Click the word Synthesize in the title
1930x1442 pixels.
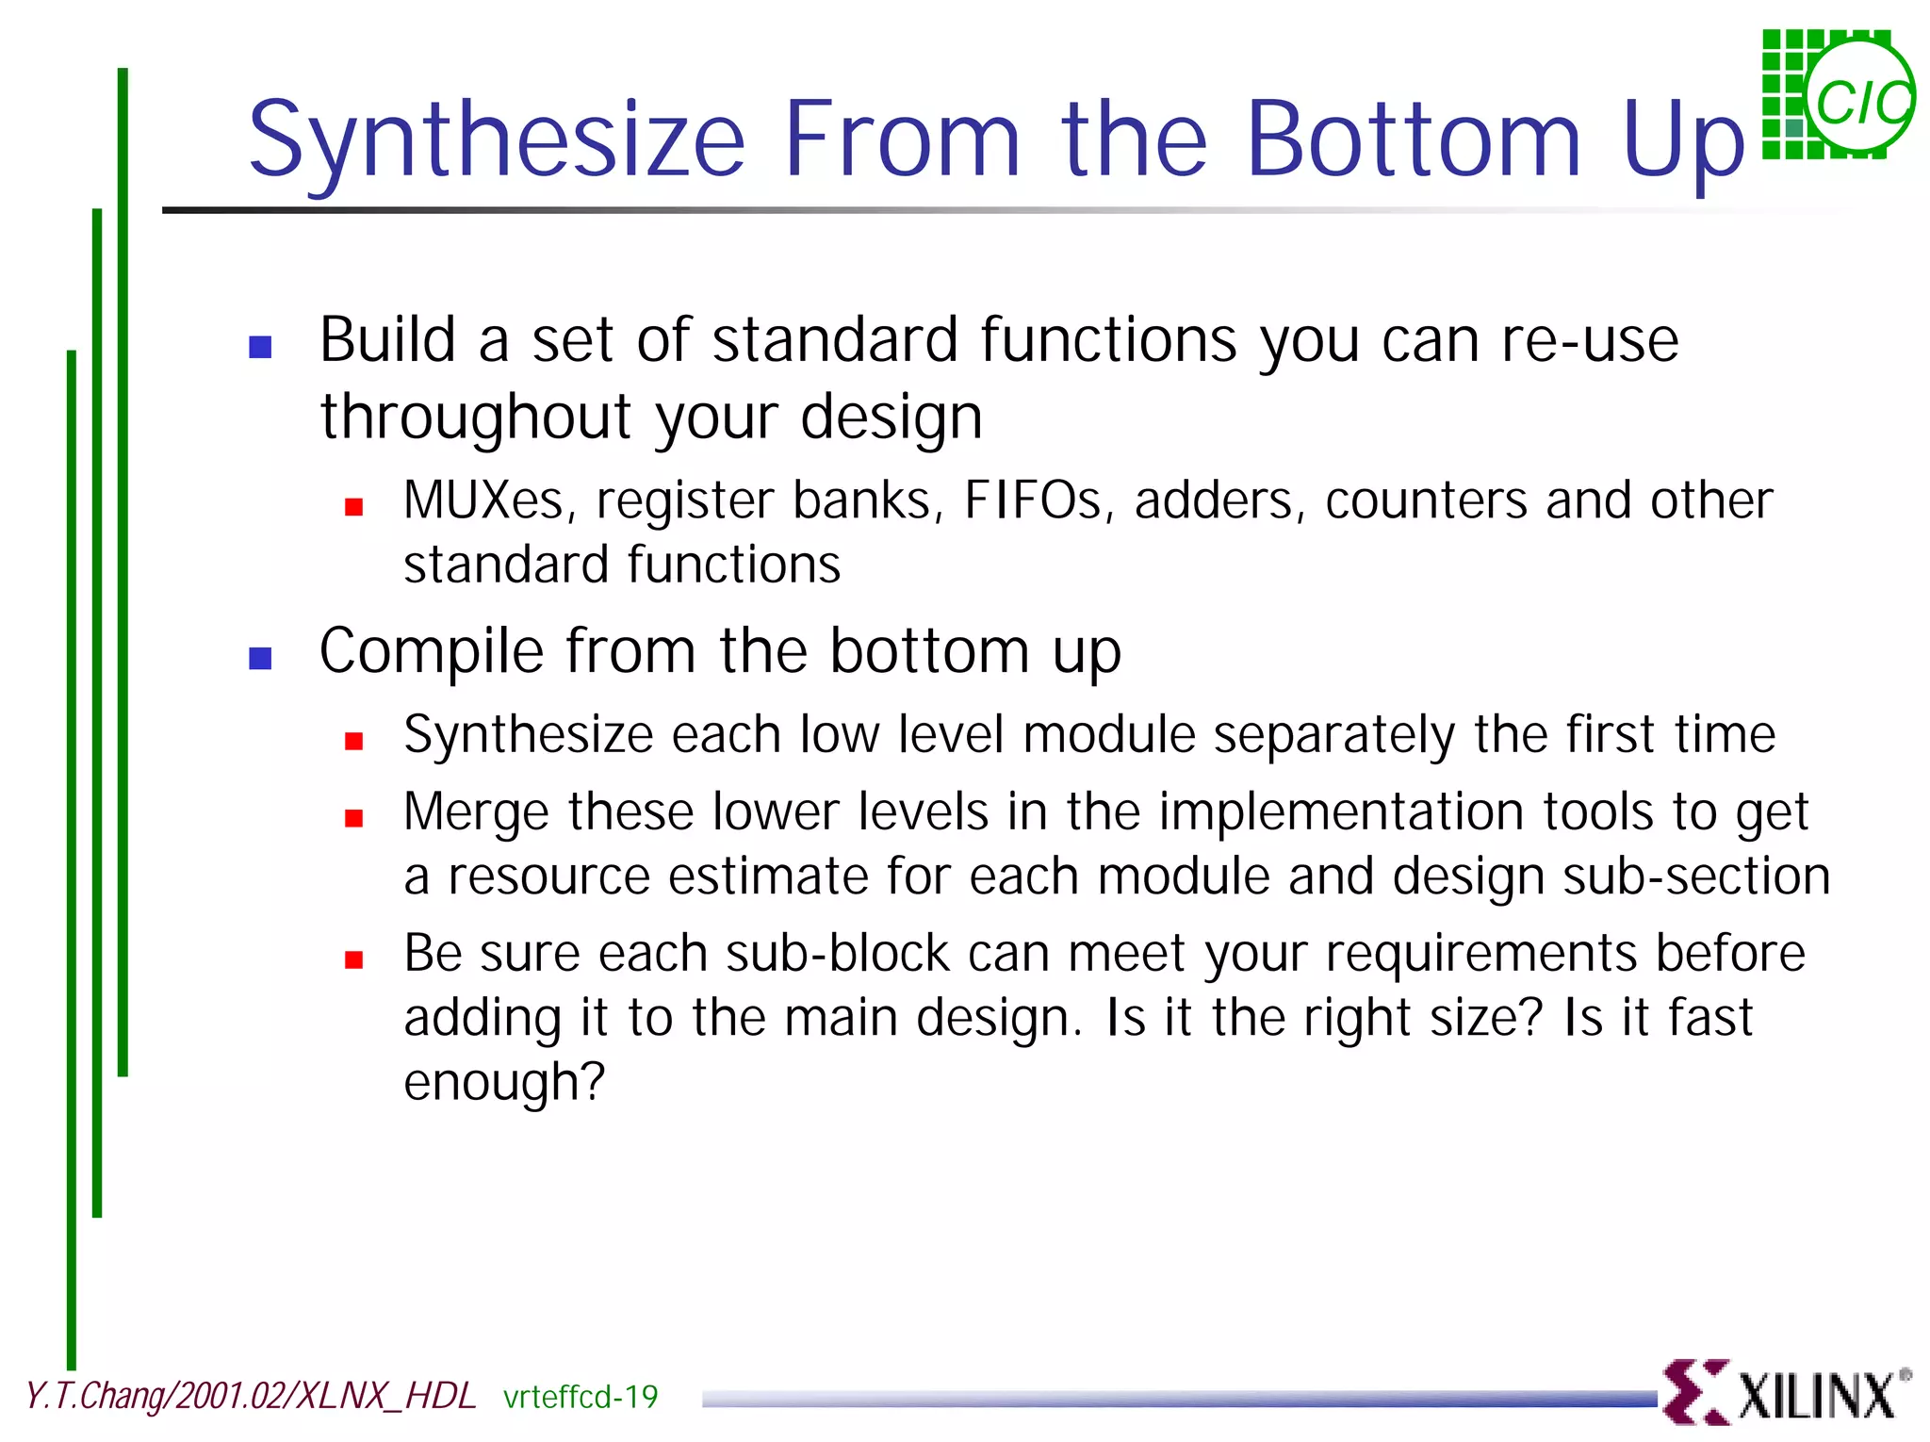click(x=497, y=141)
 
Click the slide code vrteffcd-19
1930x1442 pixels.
click(x=581, y=1397)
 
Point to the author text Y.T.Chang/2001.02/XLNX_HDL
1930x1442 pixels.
click(x=251, y=1396)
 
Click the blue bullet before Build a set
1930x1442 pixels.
click(x=260, y=347)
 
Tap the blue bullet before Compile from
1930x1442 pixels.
click(x=260, y=658)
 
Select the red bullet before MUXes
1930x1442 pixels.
click(x=354, y=508)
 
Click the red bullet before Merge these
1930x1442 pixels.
click(x=354, y=818)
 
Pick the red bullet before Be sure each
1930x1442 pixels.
click(x=354, y=960)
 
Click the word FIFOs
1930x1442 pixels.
click(x=1033, y=500)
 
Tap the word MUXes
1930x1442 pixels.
click(x=483, y=500)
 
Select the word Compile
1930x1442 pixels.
click(x=432, y=652)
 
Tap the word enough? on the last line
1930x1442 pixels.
click(x=503, y=1083)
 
